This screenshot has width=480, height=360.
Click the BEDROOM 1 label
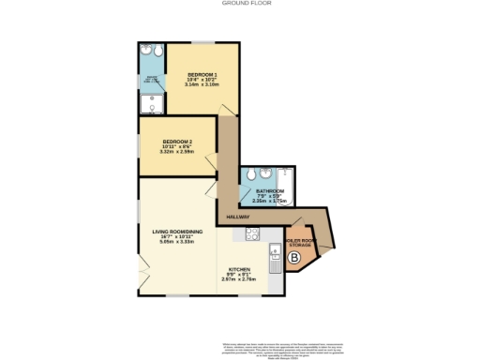tap(202, 74)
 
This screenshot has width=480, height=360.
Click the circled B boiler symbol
tap(293, 257)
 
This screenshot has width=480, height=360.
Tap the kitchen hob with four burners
tap(252, 233)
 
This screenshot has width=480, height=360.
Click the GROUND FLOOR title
tap(240, 4)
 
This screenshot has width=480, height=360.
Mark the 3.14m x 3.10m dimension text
tap(202, 85)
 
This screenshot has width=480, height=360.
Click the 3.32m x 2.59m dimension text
tap(176, 153)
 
